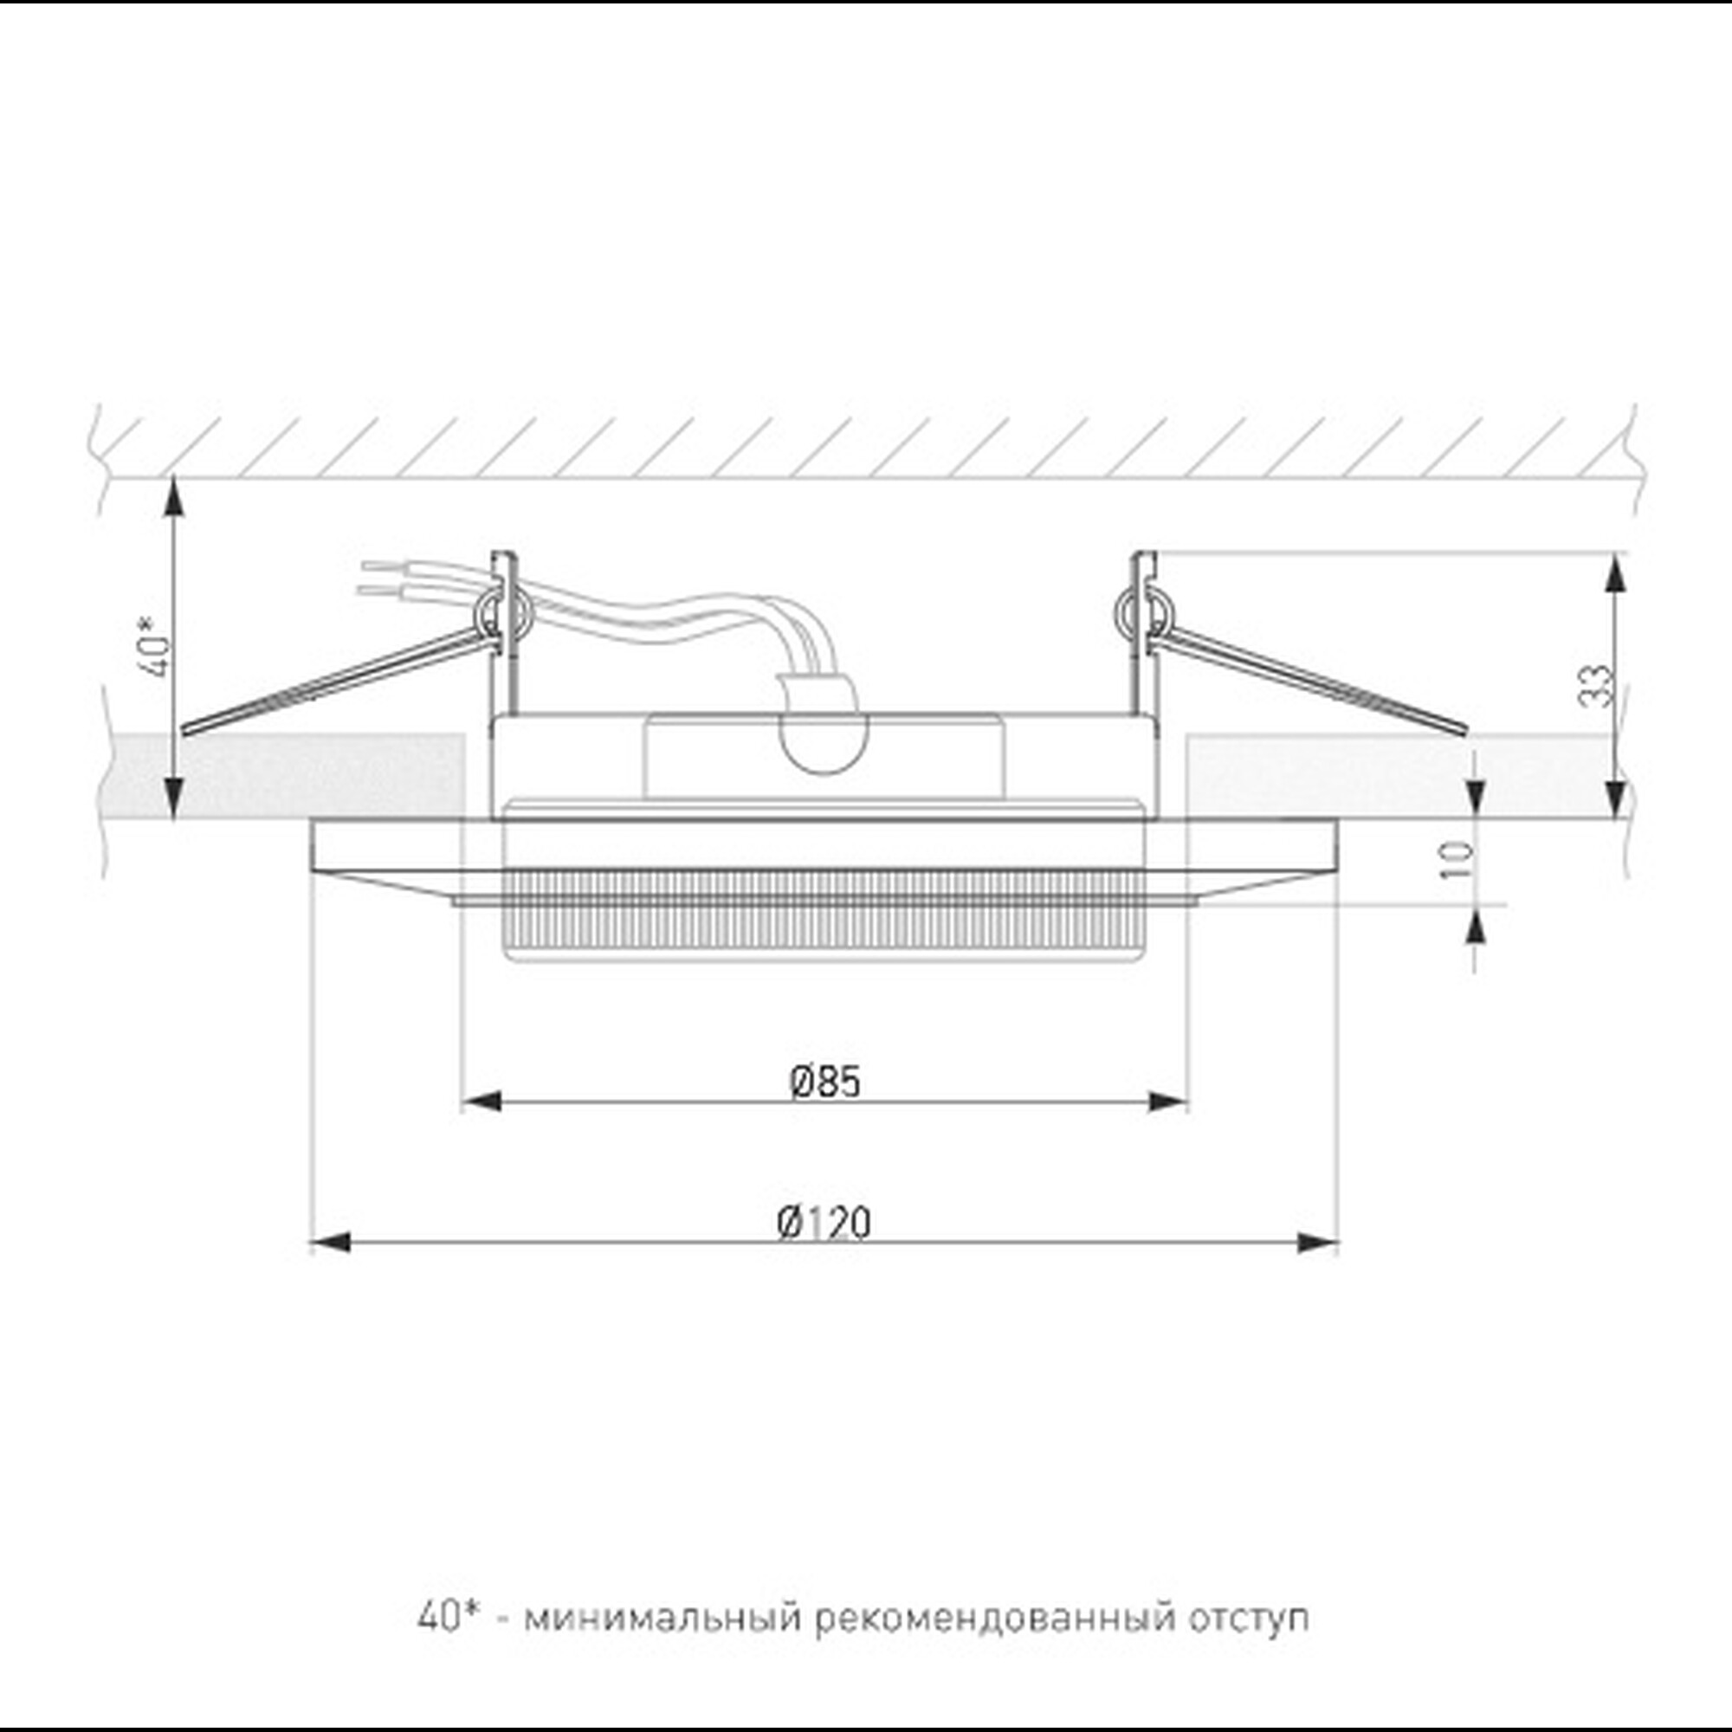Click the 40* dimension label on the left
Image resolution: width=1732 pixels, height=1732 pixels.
(158, 646)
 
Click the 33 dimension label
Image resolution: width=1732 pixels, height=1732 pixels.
(1597, 687)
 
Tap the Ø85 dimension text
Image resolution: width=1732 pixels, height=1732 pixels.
(824, 1082)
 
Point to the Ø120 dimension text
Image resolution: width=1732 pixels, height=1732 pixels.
(824, 1223)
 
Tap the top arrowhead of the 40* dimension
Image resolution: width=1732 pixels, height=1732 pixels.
(175, 499)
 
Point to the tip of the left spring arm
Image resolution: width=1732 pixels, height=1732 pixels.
(186, 731)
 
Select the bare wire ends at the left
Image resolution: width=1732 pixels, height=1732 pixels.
(377, 578)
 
